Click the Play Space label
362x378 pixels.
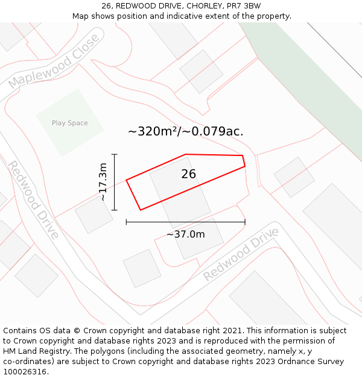[x=69, y=123]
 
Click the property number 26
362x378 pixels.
[x=188, y=174]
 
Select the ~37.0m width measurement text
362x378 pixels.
[x=185, y=235]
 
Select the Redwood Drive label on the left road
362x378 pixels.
[x=33, y=200]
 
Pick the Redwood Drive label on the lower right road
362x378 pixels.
[x=241, y=254]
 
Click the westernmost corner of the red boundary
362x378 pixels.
[x=126, y=180]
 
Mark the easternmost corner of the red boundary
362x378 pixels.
[x=245, y=166]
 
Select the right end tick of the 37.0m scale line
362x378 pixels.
[x=245, y=222]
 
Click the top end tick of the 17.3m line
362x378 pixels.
[x=114, y=155]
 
